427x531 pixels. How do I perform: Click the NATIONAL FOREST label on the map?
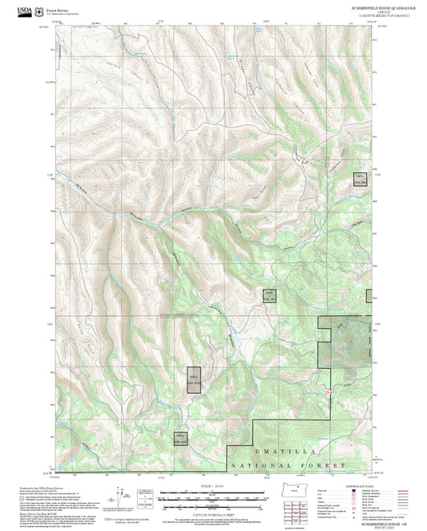pos(288,465)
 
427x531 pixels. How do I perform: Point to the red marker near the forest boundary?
pos(328,391)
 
